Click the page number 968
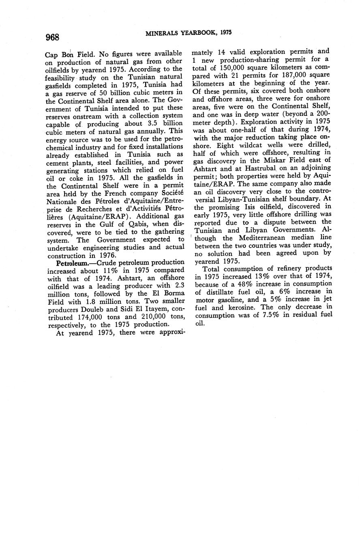click(53, 37)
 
